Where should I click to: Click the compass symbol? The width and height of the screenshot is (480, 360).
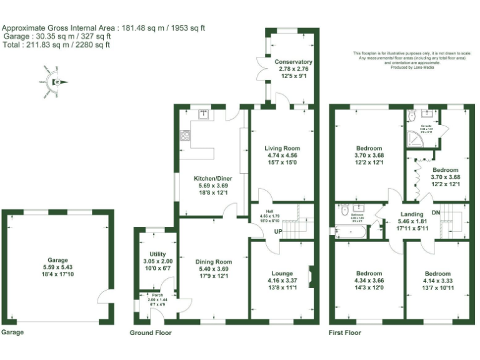tap(55, 82)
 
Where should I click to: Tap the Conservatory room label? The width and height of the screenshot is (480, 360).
tap(293, 62)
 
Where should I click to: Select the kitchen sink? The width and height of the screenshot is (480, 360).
tap(204, 114)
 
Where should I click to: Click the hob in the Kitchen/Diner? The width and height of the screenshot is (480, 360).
tap(185, 135)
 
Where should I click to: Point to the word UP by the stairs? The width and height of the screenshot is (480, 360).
tap(274, 233)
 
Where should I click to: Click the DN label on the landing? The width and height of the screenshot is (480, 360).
tap(436, 212)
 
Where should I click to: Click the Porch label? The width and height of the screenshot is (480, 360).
tap(148, 295)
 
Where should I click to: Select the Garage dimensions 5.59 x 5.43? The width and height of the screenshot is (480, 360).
tap(57, 267)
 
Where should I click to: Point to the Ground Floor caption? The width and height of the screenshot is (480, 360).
tap(150, 333)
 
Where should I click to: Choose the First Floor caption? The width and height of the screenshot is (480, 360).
tap(345, 333)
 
